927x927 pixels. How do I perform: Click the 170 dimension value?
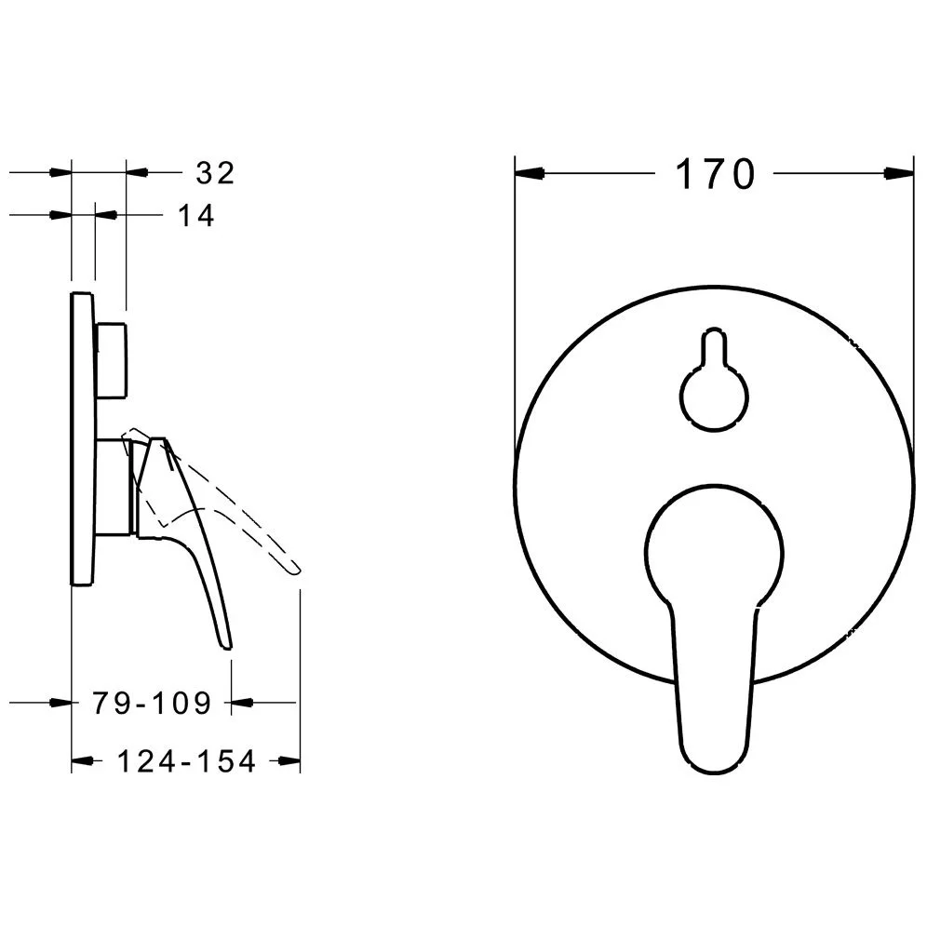[x=715, y=174]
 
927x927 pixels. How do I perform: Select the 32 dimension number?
[x=216, y=173]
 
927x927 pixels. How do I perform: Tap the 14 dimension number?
[x=196, y=216]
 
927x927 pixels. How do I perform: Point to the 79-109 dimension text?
[x=152, y=703]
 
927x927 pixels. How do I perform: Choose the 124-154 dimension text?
[x=187, y=761]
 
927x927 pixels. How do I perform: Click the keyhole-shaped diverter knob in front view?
[x=714, y=380]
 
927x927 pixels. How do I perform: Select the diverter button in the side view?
[x=111, y=360]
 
